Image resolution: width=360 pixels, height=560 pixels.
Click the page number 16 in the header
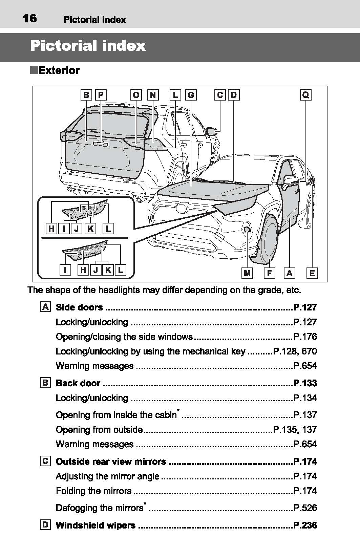click(x=29, y=19)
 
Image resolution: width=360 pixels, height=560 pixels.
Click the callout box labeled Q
click(x=305, y=95)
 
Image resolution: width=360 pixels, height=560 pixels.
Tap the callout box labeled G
click(x=191, y=95)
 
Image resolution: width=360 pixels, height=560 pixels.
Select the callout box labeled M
click(x=247, y=273)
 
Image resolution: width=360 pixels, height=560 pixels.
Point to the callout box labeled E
click(x=312, y=273)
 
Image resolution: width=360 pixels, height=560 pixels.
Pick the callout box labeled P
click(x=101, y=95)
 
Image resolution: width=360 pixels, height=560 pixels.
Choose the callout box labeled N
click(x=153, y=95)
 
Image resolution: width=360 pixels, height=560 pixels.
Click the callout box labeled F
click(x=270, y=273)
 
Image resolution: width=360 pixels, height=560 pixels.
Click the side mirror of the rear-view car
click(x=212, y=131)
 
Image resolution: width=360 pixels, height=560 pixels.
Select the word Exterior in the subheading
click(x=59, y=70)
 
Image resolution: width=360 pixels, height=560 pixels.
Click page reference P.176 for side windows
click(x=305, y=337)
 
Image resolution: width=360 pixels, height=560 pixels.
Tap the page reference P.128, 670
click(x=295, y=351)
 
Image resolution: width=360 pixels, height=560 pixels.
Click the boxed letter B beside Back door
click(x=45, y=383)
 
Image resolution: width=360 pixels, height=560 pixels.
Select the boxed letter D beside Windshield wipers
click(x=45, y=525)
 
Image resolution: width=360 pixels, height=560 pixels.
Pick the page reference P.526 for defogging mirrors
click(x=305, y=508)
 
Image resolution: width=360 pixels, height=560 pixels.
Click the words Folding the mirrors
click(x=94, y=491)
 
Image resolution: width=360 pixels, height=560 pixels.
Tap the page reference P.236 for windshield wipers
click(x=305, y=525)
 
